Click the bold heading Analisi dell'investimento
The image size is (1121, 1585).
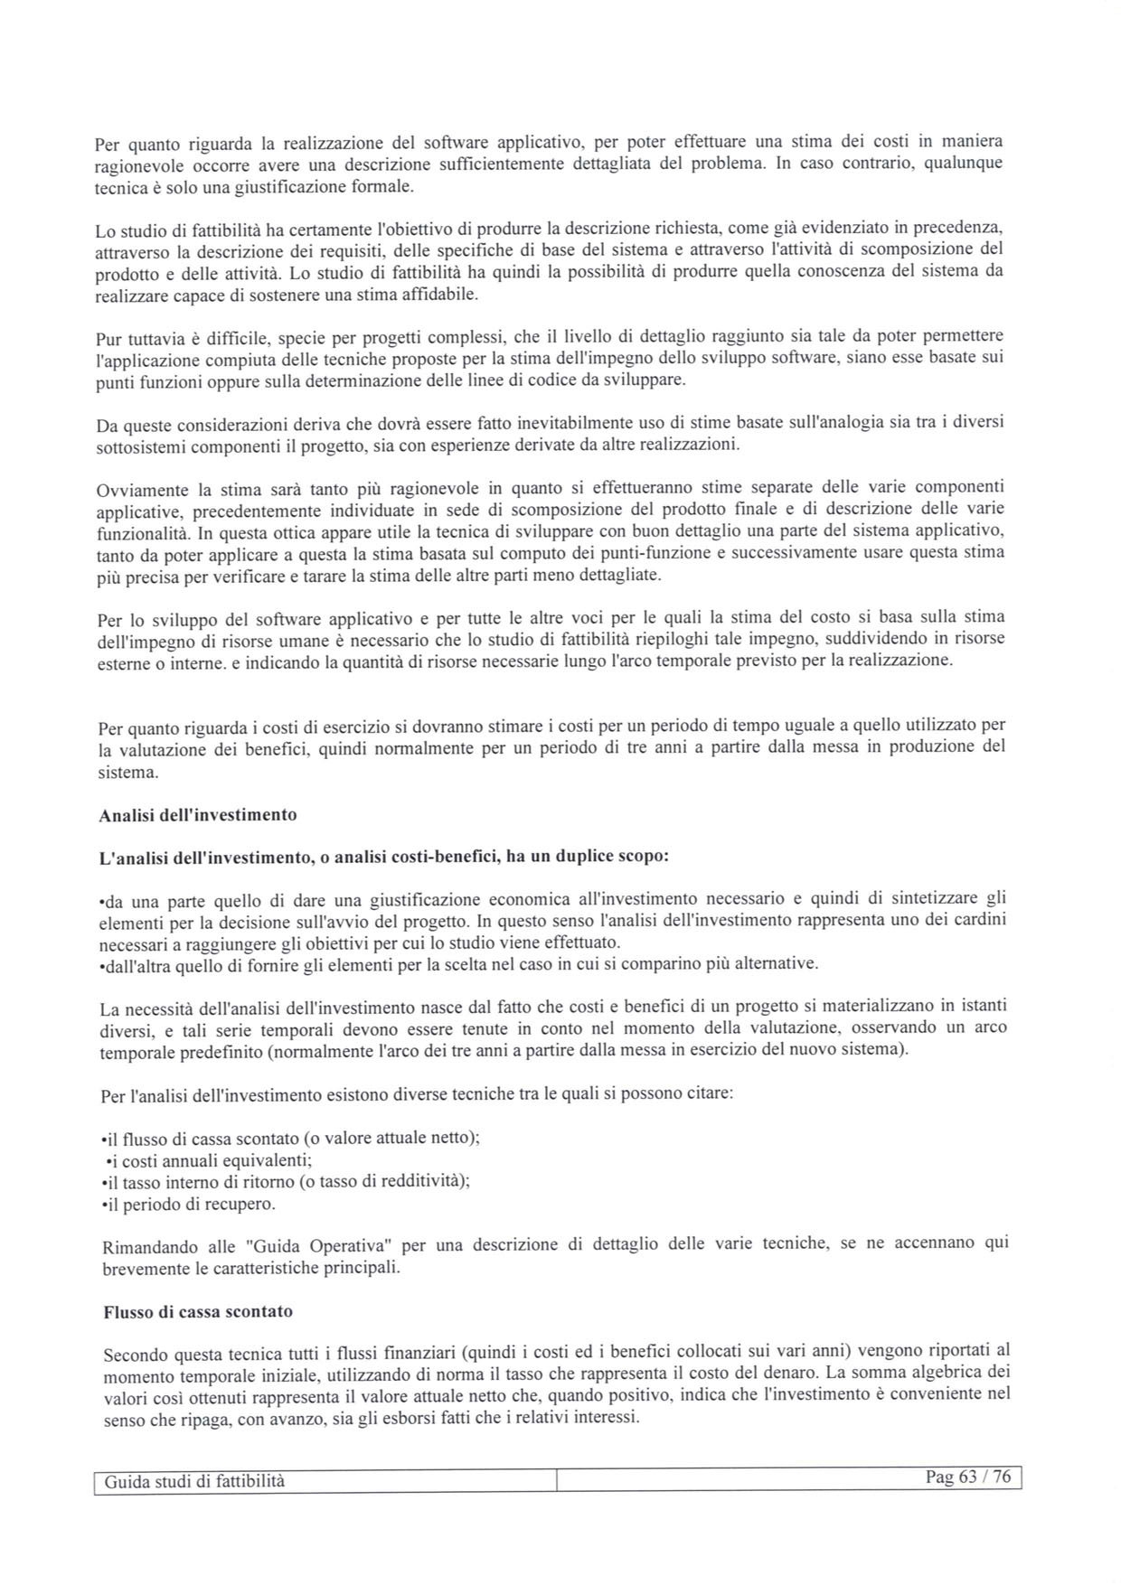pos(197,815)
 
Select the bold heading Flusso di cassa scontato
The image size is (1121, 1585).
pos(198,1311)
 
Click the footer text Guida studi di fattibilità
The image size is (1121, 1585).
pos(194,1481)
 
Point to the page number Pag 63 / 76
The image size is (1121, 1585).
pos(967,1477)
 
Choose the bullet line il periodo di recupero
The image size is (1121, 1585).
pos(188,1205)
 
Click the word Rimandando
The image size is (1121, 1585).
pos(150,1247)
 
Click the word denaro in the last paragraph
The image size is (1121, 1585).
pos(779,1374)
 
